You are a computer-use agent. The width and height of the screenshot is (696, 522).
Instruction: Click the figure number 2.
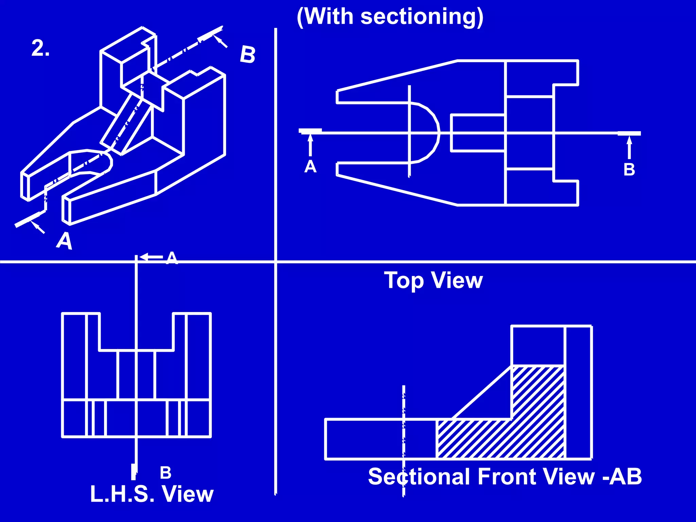tap(40, 48)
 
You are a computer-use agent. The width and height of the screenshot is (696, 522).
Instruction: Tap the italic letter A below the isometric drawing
tap(65, 241)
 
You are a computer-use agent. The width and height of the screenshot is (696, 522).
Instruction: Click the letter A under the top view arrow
tap(310, 167)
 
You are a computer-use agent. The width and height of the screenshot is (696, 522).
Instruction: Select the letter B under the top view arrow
tap(629, 170)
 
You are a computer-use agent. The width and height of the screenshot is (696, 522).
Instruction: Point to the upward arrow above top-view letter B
tap(629, 147)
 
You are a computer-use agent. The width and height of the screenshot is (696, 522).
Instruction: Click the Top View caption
tap(433, 280)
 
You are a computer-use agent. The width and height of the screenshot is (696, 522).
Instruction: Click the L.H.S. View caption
tap(152, 494)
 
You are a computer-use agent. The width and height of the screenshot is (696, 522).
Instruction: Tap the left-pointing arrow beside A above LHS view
tap(151, 257)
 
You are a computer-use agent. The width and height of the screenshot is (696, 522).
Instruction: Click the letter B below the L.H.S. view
tap(166, 473)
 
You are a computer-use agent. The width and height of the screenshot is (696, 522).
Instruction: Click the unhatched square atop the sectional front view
tap(537, 346)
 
